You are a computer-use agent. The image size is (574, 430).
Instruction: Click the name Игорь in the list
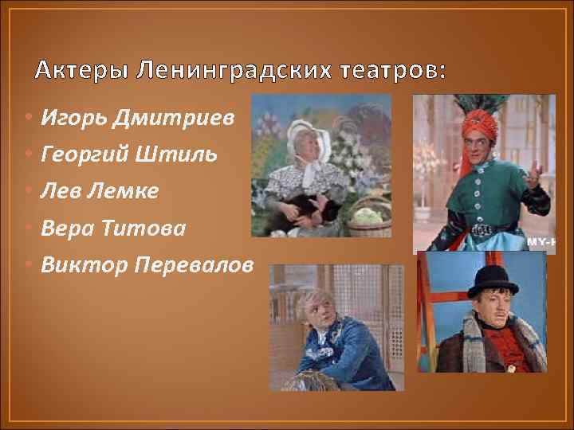click(70, 119)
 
